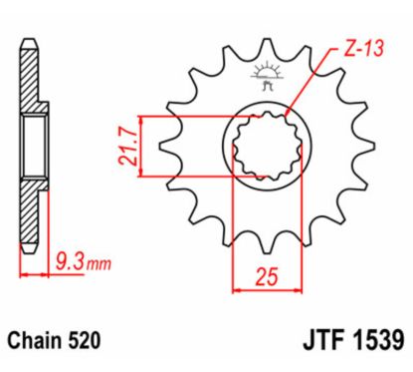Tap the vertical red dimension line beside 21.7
[145, 146]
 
